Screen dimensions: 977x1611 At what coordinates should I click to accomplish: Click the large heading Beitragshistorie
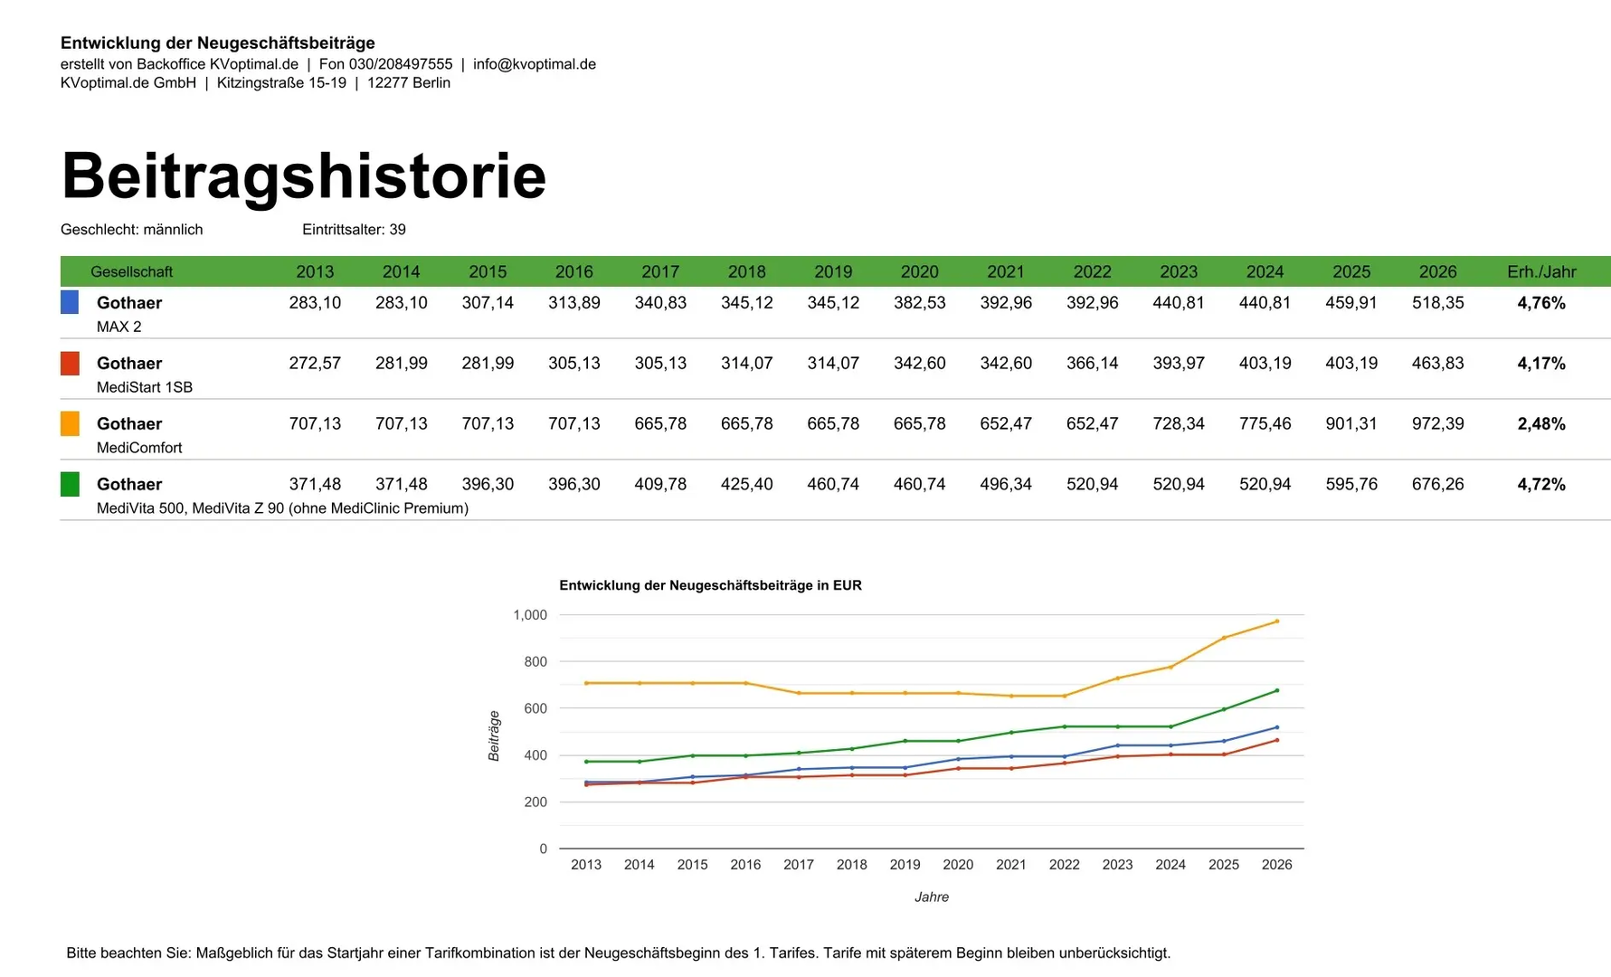(304, 175)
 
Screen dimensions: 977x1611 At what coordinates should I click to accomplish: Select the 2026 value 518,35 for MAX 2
(1437, 303)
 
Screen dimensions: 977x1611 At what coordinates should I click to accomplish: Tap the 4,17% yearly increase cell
(1540, 364)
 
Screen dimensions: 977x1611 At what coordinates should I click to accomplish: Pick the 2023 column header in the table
(1178, 271)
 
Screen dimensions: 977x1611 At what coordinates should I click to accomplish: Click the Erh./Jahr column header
(1540, 271)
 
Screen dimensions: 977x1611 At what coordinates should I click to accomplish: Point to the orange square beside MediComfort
(70, 423)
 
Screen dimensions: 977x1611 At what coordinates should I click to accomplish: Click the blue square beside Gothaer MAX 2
(70, 302)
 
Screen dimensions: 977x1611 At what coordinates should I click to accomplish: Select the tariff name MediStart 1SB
(145, 387)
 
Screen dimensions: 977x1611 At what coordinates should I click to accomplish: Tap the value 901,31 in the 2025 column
(1350, 423)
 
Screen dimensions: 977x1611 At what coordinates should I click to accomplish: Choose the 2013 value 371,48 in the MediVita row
(315, 484)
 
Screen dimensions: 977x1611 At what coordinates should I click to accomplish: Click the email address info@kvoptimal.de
(534, 64)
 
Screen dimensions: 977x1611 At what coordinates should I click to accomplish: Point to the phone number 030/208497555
(401, 64)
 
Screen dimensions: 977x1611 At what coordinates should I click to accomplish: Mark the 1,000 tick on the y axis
(530, 615)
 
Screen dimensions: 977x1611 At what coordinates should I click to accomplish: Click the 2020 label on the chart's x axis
(958, 865)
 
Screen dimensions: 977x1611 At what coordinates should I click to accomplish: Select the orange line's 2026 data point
(1276, 621)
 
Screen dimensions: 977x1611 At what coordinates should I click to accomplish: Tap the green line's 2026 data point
(1276, 690)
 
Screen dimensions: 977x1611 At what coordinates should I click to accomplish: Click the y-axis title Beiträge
(494, 735)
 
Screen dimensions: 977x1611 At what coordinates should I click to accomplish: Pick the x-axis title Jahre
(931, 897)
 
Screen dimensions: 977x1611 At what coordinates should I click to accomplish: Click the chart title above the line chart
(710, 585)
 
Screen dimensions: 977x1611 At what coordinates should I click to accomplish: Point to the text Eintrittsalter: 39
(354, 230)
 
